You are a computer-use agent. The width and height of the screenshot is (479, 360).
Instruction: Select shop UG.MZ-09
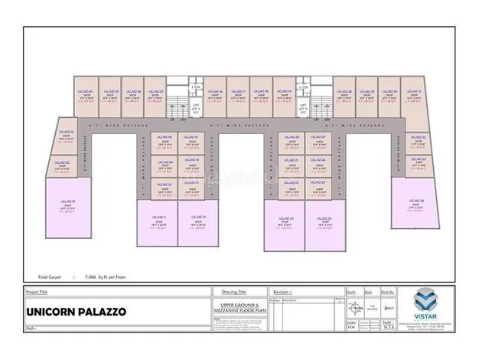pos(164,163)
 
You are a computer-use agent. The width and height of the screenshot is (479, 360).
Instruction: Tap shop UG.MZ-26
pos(318,163)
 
